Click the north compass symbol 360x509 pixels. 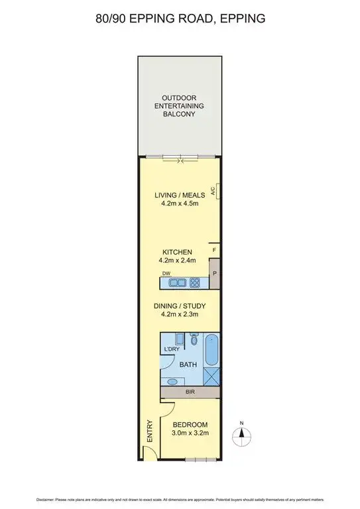tap(242, 434)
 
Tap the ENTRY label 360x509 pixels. tap(149, 431)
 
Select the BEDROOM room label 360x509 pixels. tap(190, 425)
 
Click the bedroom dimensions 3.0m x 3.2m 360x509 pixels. tap(190, 433)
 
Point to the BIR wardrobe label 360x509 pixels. tap(190, 393)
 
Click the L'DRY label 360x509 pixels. tap(172, 349)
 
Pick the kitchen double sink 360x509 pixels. tap(177, 283)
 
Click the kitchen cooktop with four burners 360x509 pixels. tap(196, 283)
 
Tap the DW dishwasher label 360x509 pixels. tap(166, 274)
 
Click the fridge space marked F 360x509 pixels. tap(214, 250)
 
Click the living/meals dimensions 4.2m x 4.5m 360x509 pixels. tap(180, 204)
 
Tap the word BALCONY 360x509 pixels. tap(180, 114)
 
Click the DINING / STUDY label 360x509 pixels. tap(180, 306)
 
